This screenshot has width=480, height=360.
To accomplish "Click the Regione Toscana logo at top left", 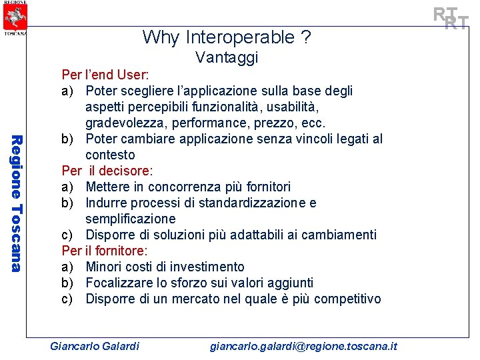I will click(x=14, y=17).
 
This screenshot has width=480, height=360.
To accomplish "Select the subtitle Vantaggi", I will click(x=227, y=58).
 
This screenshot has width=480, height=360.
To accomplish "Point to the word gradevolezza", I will click(x=126, y=123).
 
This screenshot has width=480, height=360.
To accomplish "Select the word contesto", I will click(x=110, y=155).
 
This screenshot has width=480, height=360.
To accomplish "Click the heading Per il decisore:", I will click(x=107, y=171).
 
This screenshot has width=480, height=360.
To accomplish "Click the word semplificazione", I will click(x=131, y=219).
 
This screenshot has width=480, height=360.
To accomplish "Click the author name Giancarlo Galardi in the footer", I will click(x=95, y=346).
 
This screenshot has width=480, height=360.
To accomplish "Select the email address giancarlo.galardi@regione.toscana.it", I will click(x=303, y=346).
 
